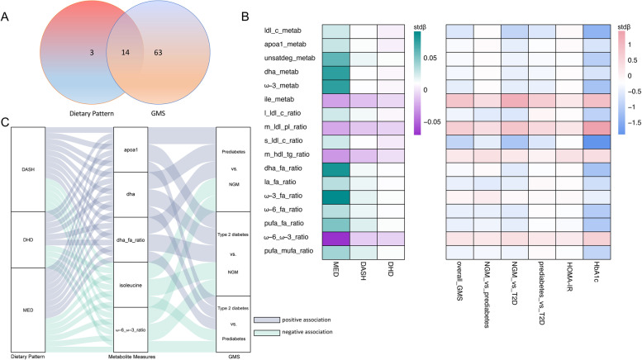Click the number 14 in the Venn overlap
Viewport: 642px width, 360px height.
pyautogui.click(x=126, y=74)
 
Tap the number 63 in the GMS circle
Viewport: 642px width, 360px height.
pyautogui.click(x=180, y=74)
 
